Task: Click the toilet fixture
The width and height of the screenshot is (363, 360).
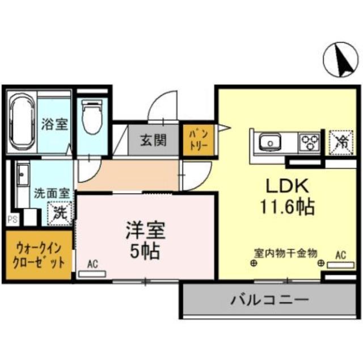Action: pyautogui.click(x=91, y=117)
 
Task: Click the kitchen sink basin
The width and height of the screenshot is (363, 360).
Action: pyautogui.click(x=269, y=141)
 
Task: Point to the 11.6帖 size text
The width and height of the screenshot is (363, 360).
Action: pyautogui.click(x=287, y=207)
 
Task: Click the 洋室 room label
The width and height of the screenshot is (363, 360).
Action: pyautogui.click(x=145, y=230)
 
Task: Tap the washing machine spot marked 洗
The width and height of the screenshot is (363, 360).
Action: pyautogui.click(x=58, y=214)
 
